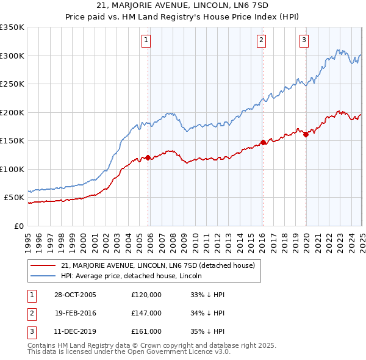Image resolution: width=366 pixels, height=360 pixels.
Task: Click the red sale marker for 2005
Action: tap(148, 158)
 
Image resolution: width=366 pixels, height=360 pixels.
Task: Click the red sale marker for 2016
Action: tap(263, 143)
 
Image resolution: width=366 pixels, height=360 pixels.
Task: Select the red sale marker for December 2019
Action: tap(306, 135)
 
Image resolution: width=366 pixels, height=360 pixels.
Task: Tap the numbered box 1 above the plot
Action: tap(147, 41)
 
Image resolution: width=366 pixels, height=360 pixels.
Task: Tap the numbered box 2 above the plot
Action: tap(261, 41)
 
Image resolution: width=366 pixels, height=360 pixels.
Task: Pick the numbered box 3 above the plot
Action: tap(304, 41)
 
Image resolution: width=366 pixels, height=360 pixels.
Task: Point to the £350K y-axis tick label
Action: tap(12, 27)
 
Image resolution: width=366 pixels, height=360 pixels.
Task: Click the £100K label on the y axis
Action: tap(12, 169)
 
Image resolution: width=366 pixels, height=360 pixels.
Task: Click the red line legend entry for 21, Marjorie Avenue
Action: tap(161, 265)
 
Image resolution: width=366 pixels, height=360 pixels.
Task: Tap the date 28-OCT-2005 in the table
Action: tap(75, 295)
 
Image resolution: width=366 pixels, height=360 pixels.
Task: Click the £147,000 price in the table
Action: tap(146, 313)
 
